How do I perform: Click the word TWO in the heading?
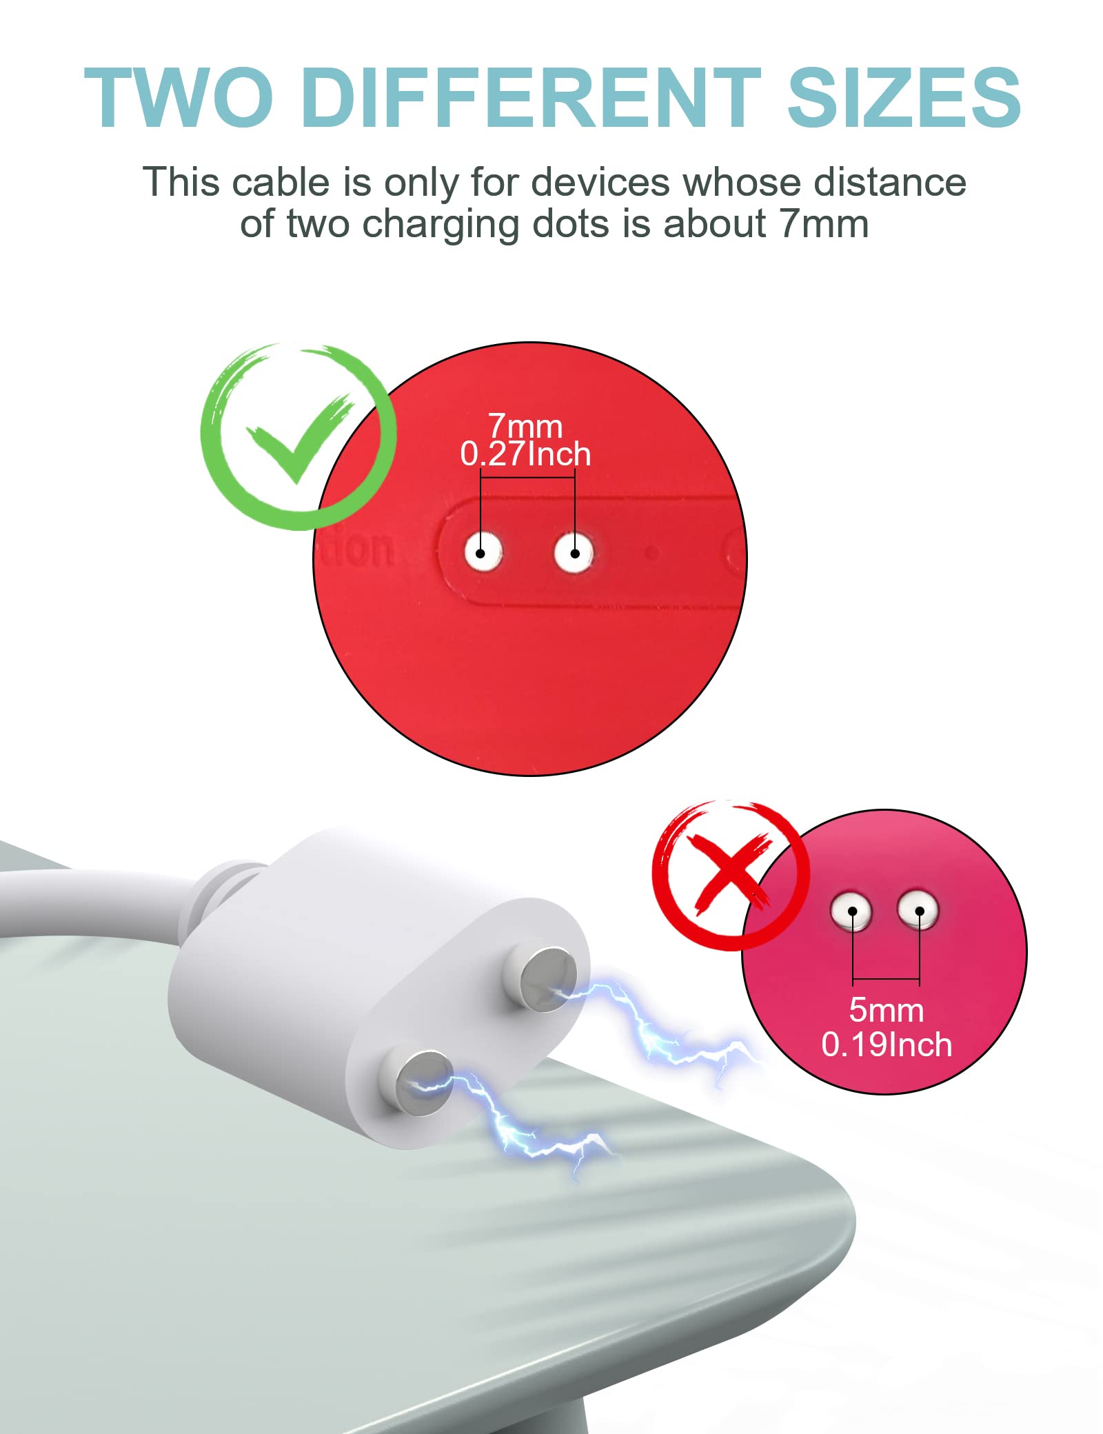(178, 98)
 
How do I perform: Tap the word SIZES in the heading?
(903, 98)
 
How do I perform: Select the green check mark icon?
(298, 437)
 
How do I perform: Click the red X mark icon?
(731, 874)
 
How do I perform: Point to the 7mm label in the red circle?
(525, 426)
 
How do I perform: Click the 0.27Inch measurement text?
(525, 454)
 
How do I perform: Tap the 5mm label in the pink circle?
(886, 1010)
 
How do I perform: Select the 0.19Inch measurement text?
(887, 1044)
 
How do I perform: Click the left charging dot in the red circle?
(482, 553)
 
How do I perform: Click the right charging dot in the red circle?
(574, 553)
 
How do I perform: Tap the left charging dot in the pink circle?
(851, 911)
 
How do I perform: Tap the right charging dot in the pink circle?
(918, 910)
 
